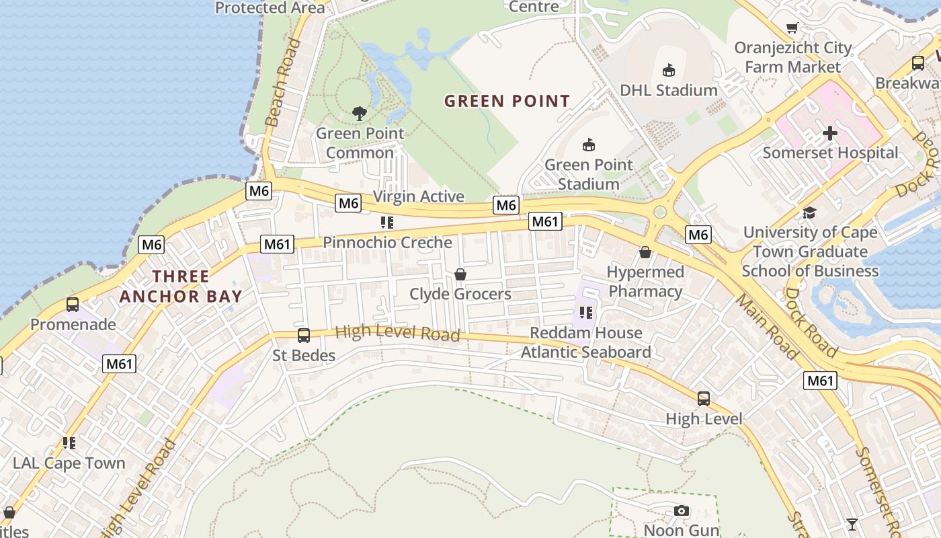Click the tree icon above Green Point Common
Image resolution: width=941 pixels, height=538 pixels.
tap(360, 113)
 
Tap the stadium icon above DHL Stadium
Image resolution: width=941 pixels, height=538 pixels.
tap(668, 70)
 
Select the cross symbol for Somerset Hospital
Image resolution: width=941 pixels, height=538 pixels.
tap(830, 132)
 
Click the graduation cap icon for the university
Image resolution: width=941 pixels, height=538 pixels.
tap(809, 213)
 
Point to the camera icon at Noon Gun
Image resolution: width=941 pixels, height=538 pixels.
tap(682, 510)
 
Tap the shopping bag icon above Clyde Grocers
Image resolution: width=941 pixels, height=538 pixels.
tap(460, 274)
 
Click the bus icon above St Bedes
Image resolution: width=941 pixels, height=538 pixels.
tap(304, 335)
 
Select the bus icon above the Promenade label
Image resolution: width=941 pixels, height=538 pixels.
tap(73, 305)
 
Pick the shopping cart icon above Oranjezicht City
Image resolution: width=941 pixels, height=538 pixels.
tap(792, 28)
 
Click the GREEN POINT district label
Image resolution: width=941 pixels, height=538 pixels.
tap(507, 102)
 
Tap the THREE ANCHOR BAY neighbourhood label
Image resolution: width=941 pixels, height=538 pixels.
tap(181, 286)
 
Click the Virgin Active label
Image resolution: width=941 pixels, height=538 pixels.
tap(418, 196)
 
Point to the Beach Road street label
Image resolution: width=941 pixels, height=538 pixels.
tap(283, 83)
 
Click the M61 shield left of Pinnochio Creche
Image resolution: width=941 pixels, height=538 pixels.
tap(277, 244)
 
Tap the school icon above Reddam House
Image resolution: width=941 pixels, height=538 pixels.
tap(586, 313)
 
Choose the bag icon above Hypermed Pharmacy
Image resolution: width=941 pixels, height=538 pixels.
tap(645, 252)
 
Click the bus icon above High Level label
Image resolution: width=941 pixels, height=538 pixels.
tap(704, 399)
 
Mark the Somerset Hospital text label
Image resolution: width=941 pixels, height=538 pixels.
tap(830, 153)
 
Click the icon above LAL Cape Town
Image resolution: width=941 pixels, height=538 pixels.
tap(69, 443)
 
